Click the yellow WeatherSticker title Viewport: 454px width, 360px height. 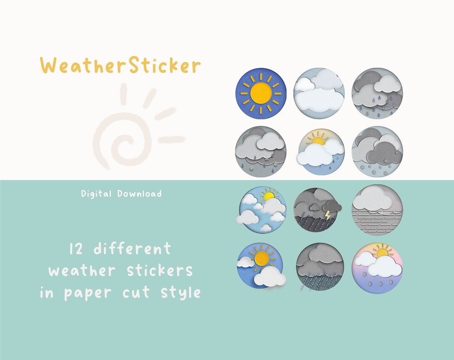(121, 66)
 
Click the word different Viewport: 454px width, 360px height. (132, 249)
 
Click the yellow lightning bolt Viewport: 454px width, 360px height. (328, 216)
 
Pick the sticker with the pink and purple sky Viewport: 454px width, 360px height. (377, 268)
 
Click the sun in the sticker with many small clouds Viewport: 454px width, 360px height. (268, 195)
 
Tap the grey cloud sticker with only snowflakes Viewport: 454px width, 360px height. (377, 152)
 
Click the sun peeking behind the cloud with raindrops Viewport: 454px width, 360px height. (318, 140)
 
